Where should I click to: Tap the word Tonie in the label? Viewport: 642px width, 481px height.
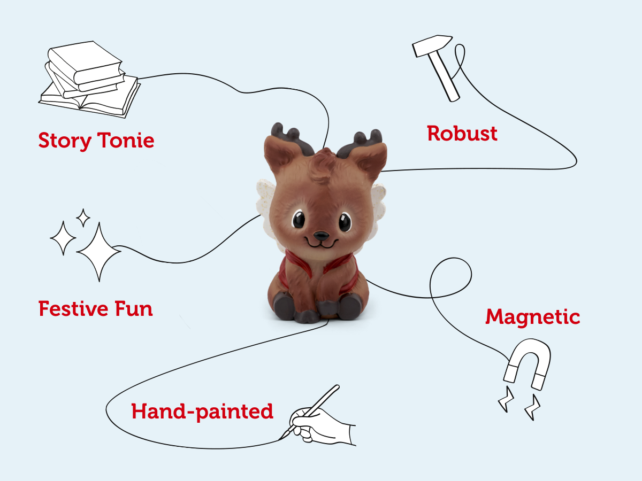tap(126, 141)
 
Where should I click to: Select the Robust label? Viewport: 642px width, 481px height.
tap(462, 133)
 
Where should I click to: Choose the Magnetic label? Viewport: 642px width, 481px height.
tap(532, 317)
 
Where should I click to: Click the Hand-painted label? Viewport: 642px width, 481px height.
tap(202, 412)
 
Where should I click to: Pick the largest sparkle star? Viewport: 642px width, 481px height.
tap(98, 250)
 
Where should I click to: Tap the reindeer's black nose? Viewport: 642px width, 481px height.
tap(321, 235)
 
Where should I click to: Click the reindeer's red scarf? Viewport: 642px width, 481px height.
tap(321, 267)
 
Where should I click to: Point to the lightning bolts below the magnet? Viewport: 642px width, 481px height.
tap(519, 404)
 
